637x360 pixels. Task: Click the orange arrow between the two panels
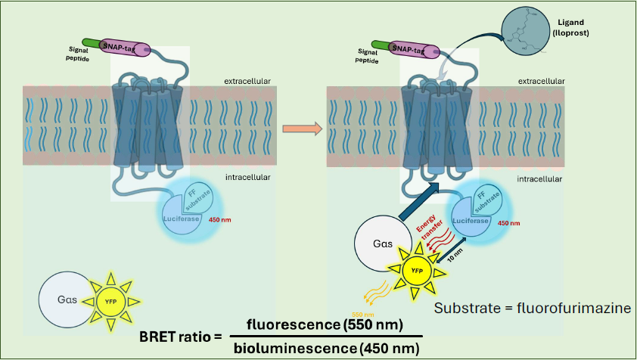coord(301,129)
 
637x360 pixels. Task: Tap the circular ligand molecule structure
coord(534,33)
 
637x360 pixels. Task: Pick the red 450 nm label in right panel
coord(510,223)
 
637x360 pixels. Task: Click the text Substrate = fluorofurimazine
coord(533,308)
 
